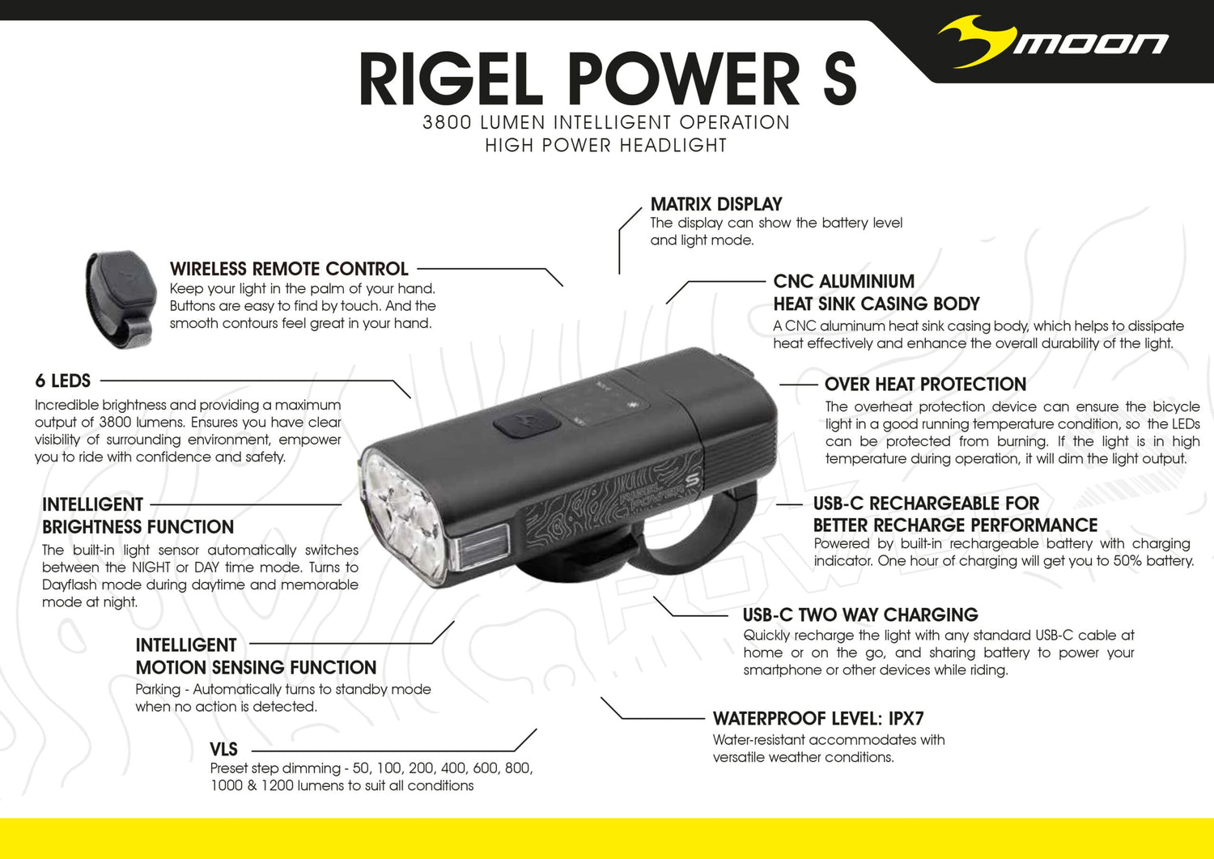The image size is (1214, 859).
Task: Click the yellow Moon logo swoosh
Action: [975, 44]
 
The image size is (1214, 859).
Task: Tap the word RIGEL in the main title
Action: [451, 79]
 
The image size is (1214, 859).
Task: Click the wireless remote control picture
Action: [121, 300]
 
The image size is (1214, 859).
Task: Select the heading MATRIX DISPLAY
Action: [716, 204]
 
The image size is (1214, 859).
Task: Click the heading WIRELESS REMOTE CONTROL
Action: [289, 269]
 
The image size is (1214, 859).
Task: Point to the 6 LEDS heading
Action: [63, 381]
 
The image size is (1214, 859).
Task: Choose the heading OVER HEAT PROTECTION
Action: [925, 384]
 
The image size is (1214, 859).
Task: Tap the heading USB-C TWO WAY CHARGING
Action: [860, 614]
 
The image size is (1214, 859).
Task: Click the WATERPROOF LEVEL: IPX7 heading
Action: [817, 719]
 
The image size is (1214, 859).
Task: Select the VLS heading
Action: [223, 749]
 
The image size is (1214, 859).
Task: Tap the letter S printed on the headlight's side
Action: [691, 481]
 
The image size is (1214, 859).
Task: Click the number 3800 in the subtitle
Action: [447, 122]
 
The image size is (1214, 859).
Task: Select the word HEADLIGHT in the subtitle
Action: [673, 146]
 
